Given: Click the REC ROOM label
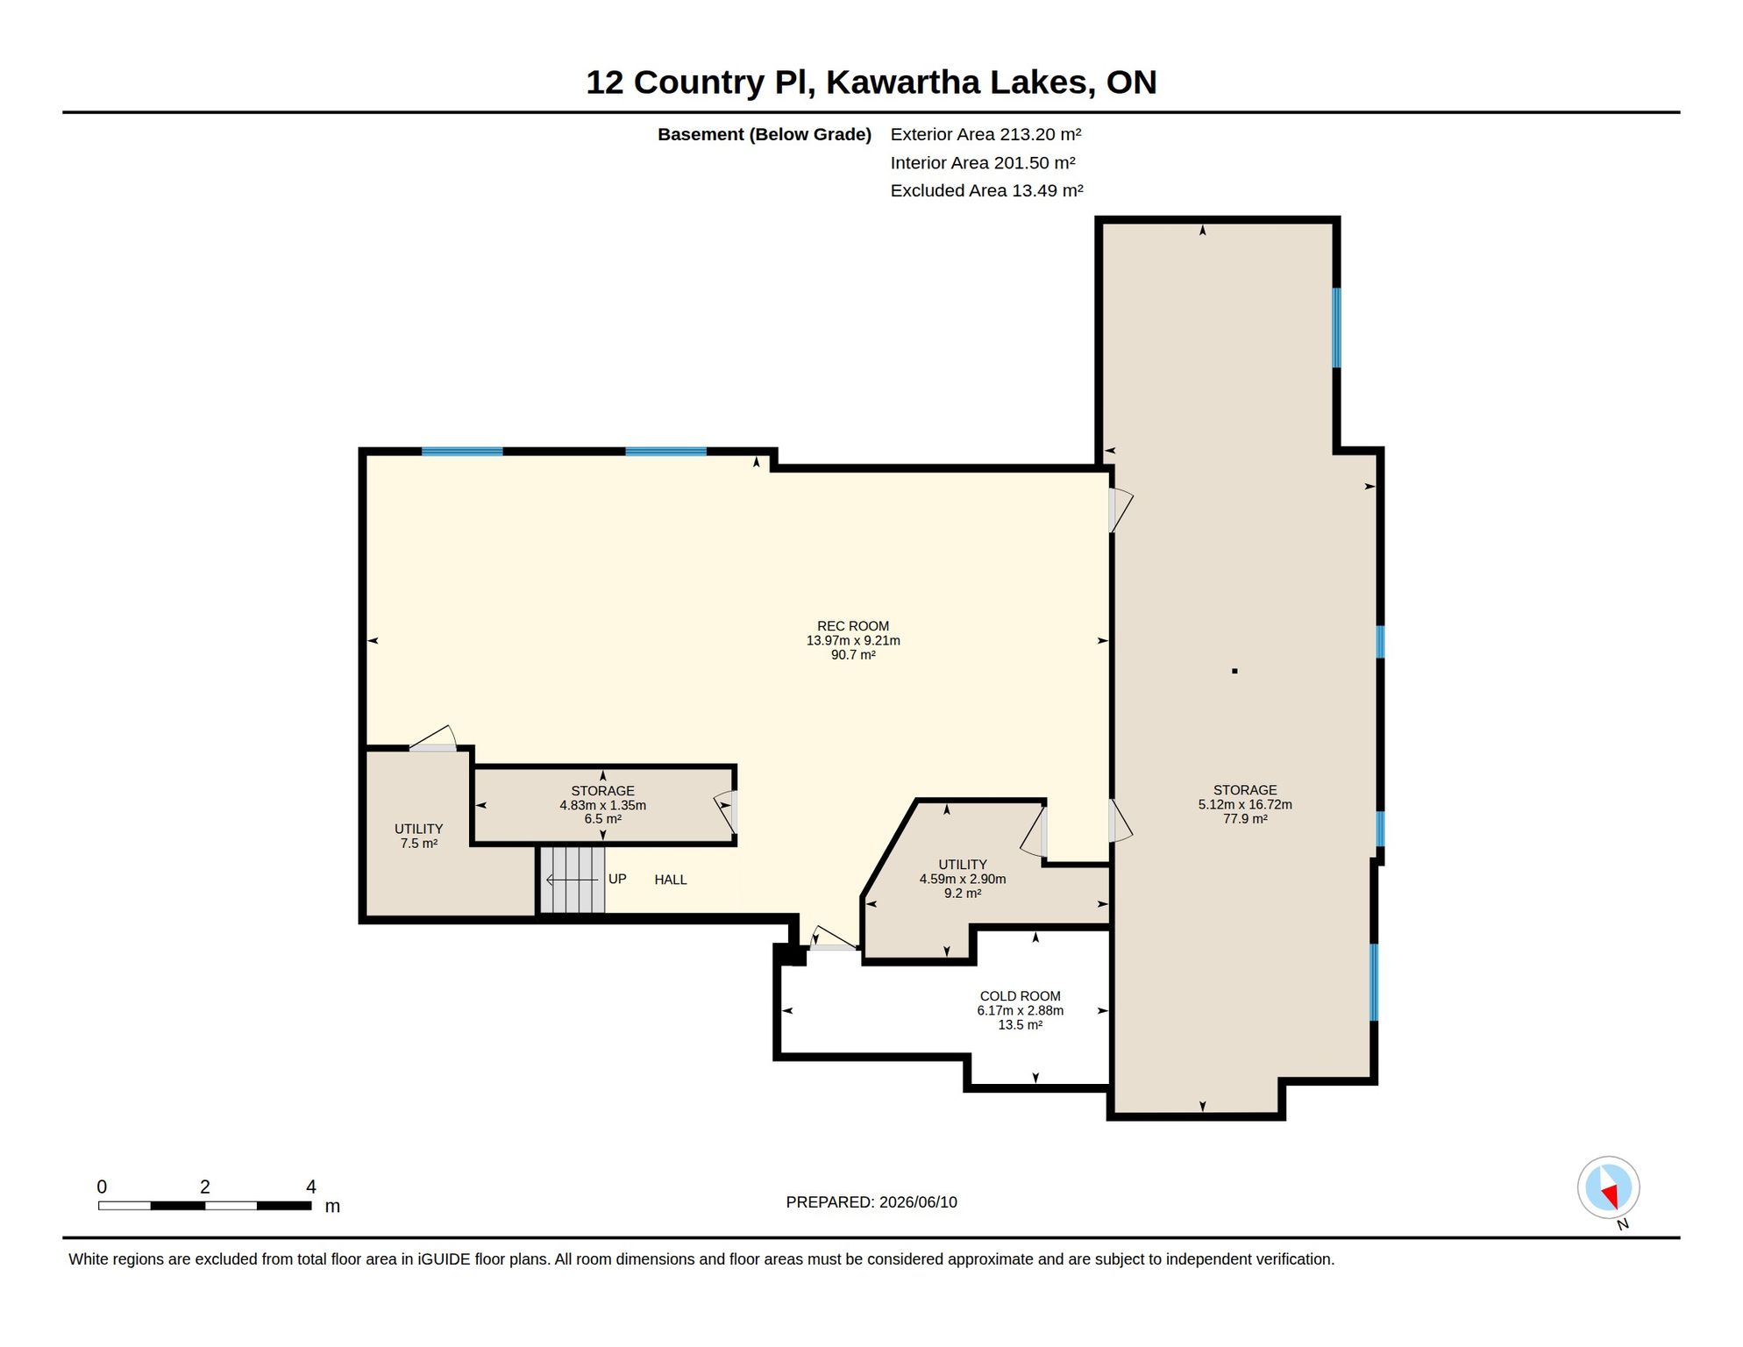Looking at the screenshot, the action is click(x=852, y=626).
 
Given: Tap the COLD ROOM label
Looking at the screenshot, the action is click(x=1020, y=996).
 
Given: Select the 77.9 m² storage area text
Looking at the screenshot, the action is click(x=1245, y=819).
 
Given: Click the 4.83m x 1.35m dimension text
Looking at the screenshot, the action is click(x=602, y=805).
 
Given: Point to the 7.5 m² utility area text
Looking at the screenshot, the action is click(x=418, y=844).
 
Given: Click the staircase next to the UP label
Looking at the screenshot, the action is click(x=573, y=880).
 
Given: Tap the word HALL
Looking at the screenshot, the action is click(x=671, y=880).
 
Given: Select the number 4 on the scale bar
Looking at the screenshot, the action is click(x=310, y=1187).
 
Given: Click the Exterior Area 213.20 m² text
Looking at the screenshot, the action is click(x=985, y=134).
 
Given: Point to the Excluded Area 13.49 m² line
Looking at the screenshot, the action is click(x=986, y=190).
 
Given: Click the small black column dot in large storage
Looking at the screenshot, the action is click(x=1234, y=671).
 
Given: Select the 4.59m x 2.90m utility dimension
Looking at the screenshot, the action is click(x=962, y=879).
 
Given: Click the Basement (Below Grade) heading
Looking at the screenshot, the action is click(x=765, y=134).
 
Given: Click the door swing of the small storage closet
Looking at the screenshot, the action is click(x=725, y=812).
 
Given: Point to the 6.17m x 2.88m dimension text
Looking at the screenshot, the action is click(x=1020, y=1010).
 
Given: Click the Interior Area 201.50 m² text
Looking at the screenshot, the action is click(x=982, y=162).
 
